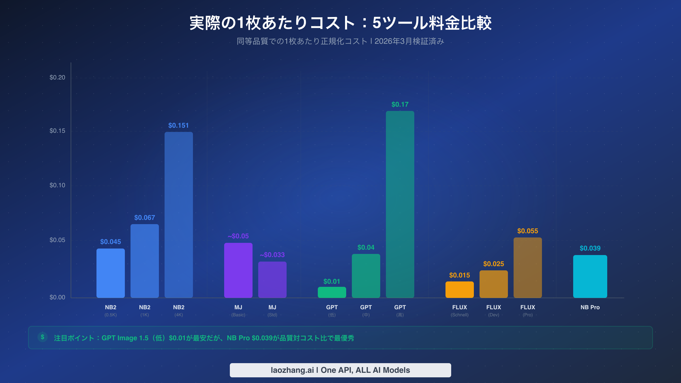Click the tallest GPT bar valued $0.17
[x=400, y=204]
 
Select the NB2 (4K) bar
[x=178, y=215]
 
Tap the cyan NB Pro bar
[x=590, y=276]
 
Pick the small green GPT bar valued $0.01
[x=332, y=292]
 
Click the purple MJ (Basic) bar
[x=238, y=270]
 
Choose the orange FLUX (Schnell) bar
[x=459, y=290]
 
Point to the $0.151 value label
[x=178, y=125]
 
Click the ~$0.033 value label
[x=272, y=255]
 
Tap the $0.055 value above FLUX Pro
[x=527, y=231]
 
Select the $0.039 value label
[x=590, y=248]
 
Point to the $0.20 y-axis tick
[x=57, y=77]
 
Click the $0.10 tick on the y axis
[x=57, y=185]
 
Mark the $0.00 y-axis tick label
[x=57, y=297]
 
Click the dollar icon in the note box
[x=43, y=337]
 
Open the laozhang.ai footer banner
[x=340, y=370]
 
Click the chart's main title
[x=340, y=23]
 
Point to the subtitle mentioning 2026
[x=340, y=41]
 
